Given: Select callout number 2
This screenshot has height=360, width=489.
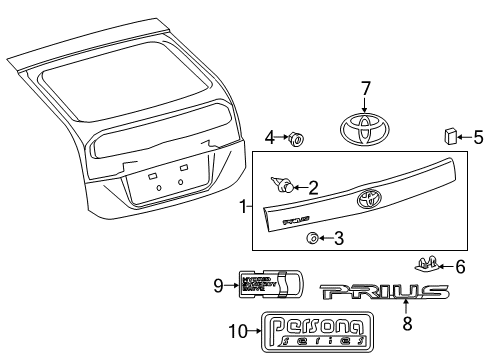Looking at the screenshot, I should (313, 186).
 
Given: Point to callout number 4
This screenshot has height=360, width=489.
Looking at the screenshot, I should (270, 136).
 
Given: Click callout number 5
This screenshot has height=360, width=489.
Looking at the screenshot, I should (478, 135).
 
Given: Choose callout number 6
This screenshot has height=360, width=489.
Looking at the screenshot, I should (460, 266).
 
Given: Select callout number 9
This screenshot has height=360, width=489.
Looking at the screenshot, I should (219, 285).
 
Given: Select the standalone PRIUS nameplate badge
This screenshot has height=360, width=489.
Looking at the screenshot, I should (384, 293).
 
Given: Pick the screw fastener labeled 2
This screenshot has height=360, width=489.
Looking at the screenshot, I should (283, 184).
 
